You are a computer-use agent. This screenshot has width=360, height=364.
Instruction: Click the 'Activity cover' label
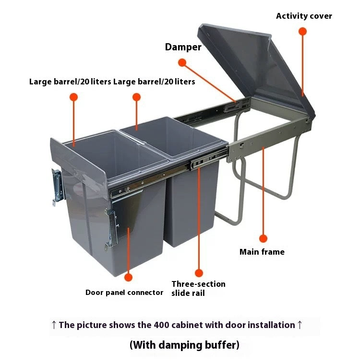(304, 16)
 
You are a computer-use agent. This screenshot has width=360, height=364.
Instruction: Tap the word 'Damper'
(183, 47)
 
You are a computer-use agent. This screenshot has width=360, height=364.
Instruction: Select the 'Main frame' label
(262, 252)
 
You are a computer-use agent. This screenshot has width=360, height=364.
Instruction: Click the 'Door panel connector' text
(124, 293)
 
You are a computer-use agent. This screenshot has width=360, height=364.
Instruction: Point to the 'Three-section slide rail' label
(198, 288)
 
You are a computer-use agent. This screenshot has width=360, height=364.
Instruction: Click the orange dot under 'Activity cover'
(302, 31)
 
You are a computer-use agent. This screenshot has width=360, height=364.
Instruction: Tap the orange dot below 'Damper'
(182, 62)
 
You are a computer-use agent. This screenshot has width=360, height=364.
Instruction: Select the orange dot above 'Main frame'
(263, 238)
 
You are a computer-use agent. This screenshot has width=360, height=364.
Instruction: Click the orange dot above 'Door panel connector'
(128, 277)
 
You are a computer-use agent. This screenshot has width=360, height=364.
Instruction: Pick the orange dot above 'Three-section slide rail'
(199, 273)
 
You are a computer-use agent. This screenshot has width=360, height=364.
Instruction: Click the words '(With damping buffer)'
(184, 345)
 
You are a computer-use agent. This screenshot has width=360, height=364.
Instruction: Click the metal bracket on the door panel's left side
(57, 187)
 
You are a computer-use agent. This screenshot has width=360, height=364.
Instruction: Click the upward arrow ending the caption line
(300, 325)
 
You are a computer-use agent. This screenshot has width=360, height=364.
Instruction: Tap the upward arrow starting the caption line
(54, 325)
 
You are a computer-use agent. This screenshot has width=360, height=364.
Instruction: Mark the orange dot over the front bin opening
(73, 97)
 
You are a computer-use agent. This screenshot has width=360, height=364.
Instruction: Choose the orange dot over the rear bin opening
(136, 97)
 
